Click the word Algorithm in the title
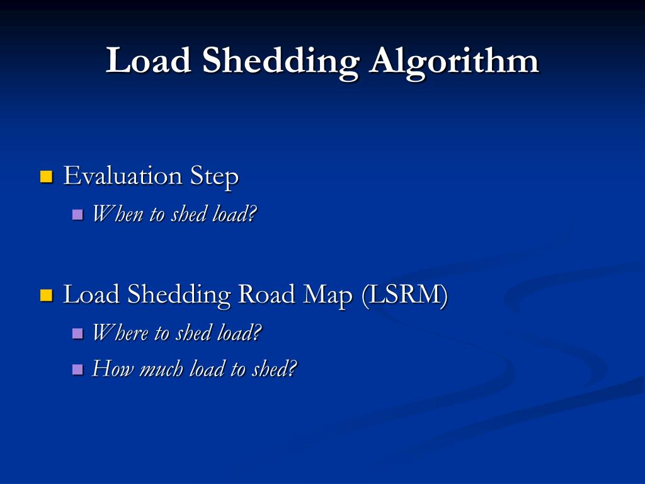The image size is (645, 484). click(x=454, y=62)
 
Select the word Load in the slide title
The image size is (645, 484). click(x=149, y=62)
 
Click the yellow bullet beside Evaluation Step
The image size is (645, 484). click(x=46, y=176)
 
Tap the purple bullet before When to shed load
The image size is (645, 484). click(x=77, y=215)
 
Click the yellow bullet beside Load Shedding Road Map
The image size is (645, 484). click(x=46, y=294)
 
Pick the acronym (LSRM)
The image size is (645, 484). click(x=404, y=295)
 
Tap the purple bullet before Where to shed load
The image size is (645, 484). click(x=77, y=333)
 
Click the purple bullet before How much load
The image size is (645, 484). click(x=77, y=369)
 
